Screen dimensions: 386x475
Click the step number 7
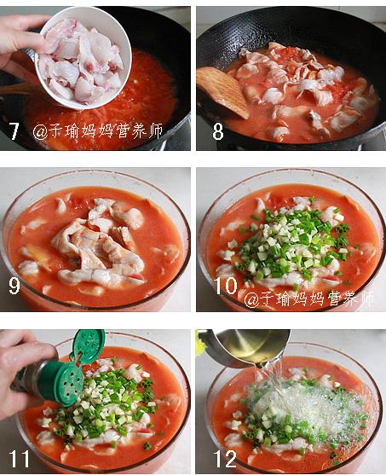[x=14, y=131]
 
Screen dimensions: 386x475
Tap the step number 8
[x=218, y=131]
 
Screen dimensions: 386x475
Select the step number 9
[x=14, y=286]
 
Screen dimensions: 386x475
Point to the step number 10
[x=226, y=286]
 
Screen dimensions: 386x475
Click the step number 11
[x=19, y=459]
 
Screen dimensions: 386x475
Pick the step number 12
[x=225, y=459]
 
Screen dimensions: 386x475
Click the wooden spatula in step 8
[x=222, y=91]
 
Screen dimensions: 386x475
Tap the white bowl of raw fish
[x=84, y=57]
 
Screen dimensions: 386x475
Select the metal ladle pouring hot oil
[x=245, y=347]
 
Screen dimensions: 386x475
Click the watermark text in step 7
[x=97, y=131]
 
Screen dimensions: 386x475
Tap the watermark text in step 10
[x=308, y=298]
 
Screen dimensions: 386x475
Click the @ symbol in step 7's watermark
[x=40, y=132]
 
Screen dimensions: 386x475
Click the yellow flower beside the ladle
[x=200, y=345]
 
